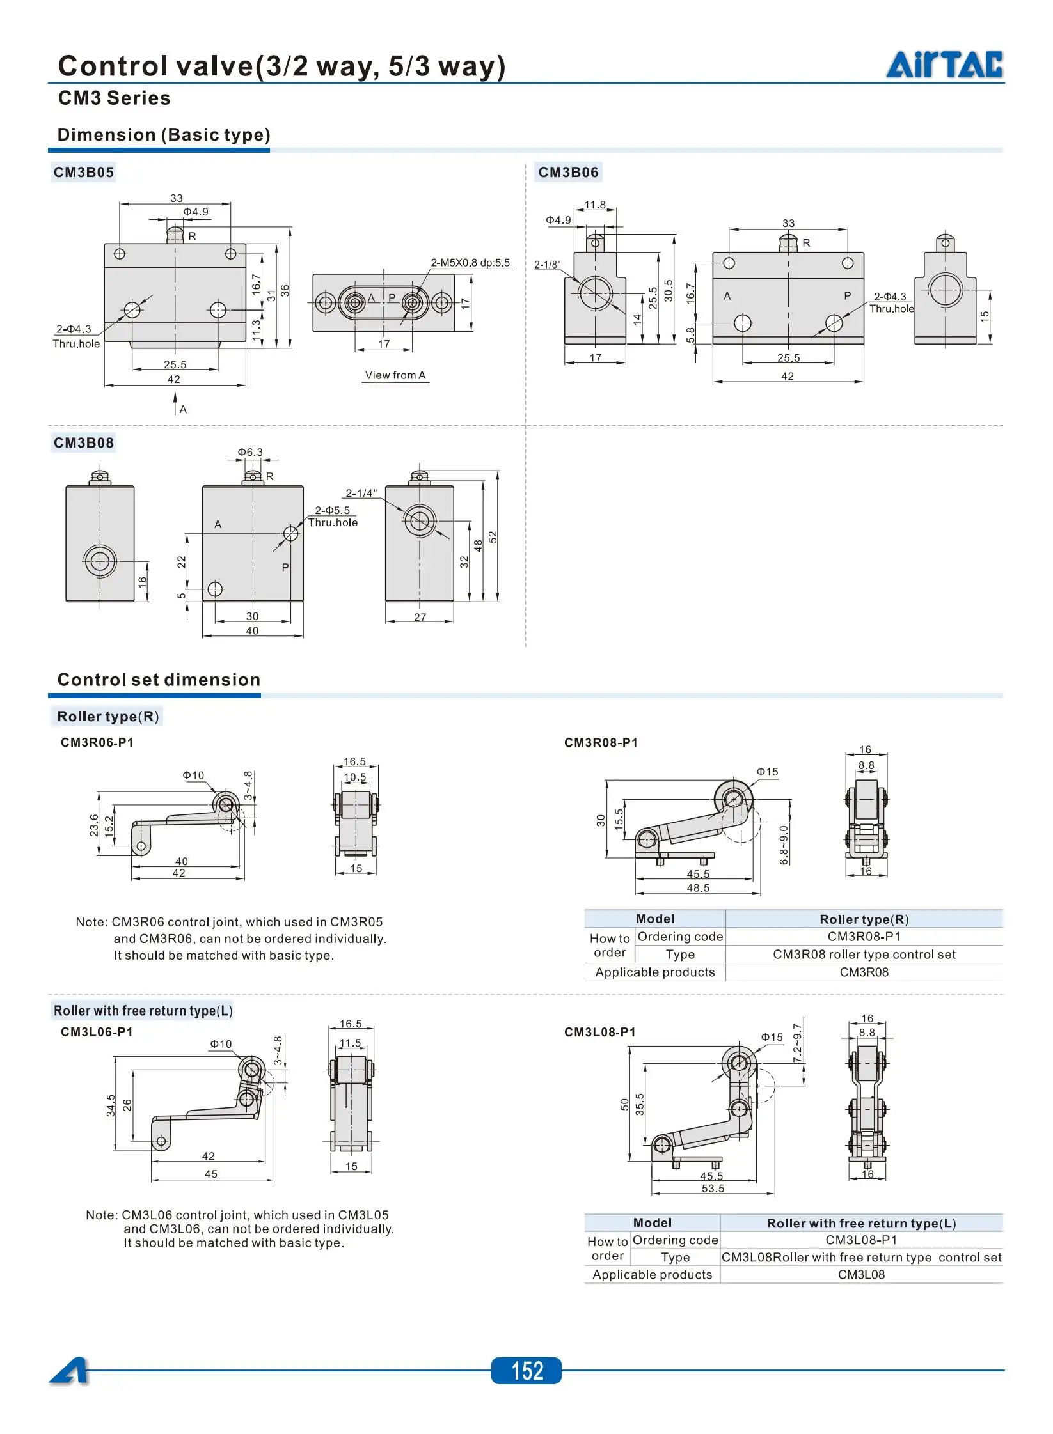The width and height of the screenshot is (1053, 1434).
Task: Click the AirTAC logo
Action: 944,64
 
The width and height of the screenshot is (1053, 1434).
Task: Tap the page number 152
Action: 527,1371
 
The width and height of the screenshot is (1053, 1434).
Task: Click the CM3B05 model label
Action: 84,173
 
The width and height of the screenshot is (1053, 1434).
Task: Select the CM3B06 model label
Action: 568,173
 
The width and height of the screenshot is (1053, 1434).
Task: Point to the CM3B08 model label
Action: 84,442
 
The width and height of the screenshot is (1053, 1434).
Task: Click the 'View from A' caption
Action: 395,375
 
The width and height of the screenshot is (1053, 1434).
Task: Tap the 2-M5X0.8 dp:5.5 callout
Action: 470,263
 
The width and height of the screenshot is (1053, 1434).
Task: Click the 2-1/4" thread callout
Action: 361,493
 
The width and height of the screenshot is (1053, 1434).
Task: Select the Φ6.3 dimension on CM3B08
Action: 250,452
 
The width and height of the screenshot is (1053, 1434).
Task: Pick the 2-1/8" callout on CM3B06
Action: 548,265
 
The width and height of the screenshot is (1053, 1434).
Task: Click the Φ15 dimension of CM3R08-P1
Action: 768,772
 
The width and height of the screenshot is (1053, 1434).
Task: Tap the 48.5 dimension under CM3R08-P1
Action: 698,888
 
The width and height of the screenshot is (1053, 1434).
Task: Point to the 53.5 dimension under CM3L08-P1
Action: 713,1189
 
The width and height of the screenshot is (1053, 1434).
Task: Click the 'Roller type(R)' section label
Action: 108,716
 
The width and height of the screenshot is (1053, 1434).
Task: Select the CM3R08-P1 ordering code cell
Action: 864,937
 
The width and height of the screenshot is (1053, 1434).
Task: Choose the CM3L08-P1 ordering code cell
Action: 861,1240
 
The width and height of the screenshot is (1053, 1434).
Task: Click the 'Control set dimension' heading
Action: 159,680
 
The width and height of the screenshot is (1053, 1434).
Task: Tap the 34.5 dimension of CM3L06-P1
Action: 111,1105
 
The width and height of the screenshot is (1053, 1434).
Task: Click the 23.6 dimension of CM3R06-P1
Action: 94,825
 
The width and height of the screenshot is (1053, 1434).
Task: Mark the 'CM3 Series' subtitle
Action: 114,98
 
